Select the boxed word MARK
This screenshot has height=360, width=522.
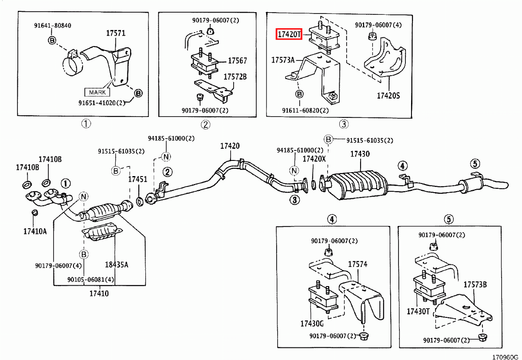[x=97, y=92]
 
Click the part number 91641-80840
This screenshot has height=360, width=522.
[x=53, y=26]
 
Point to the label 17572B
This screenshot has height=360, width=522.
[x=235, y=77]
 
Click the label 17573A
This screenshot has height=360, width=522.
[x=283, y=60]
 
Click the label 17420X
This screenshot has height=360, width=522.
[x=314, y=159]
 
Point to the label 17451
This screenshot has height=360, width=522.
[x=137, y=179]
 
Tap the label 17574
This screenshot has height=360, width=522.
[x=357, y=264]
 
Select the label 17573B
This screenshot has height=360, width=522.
[x=475, y=285]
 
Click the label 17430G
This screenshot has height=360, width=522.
[x=311, y=323]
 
